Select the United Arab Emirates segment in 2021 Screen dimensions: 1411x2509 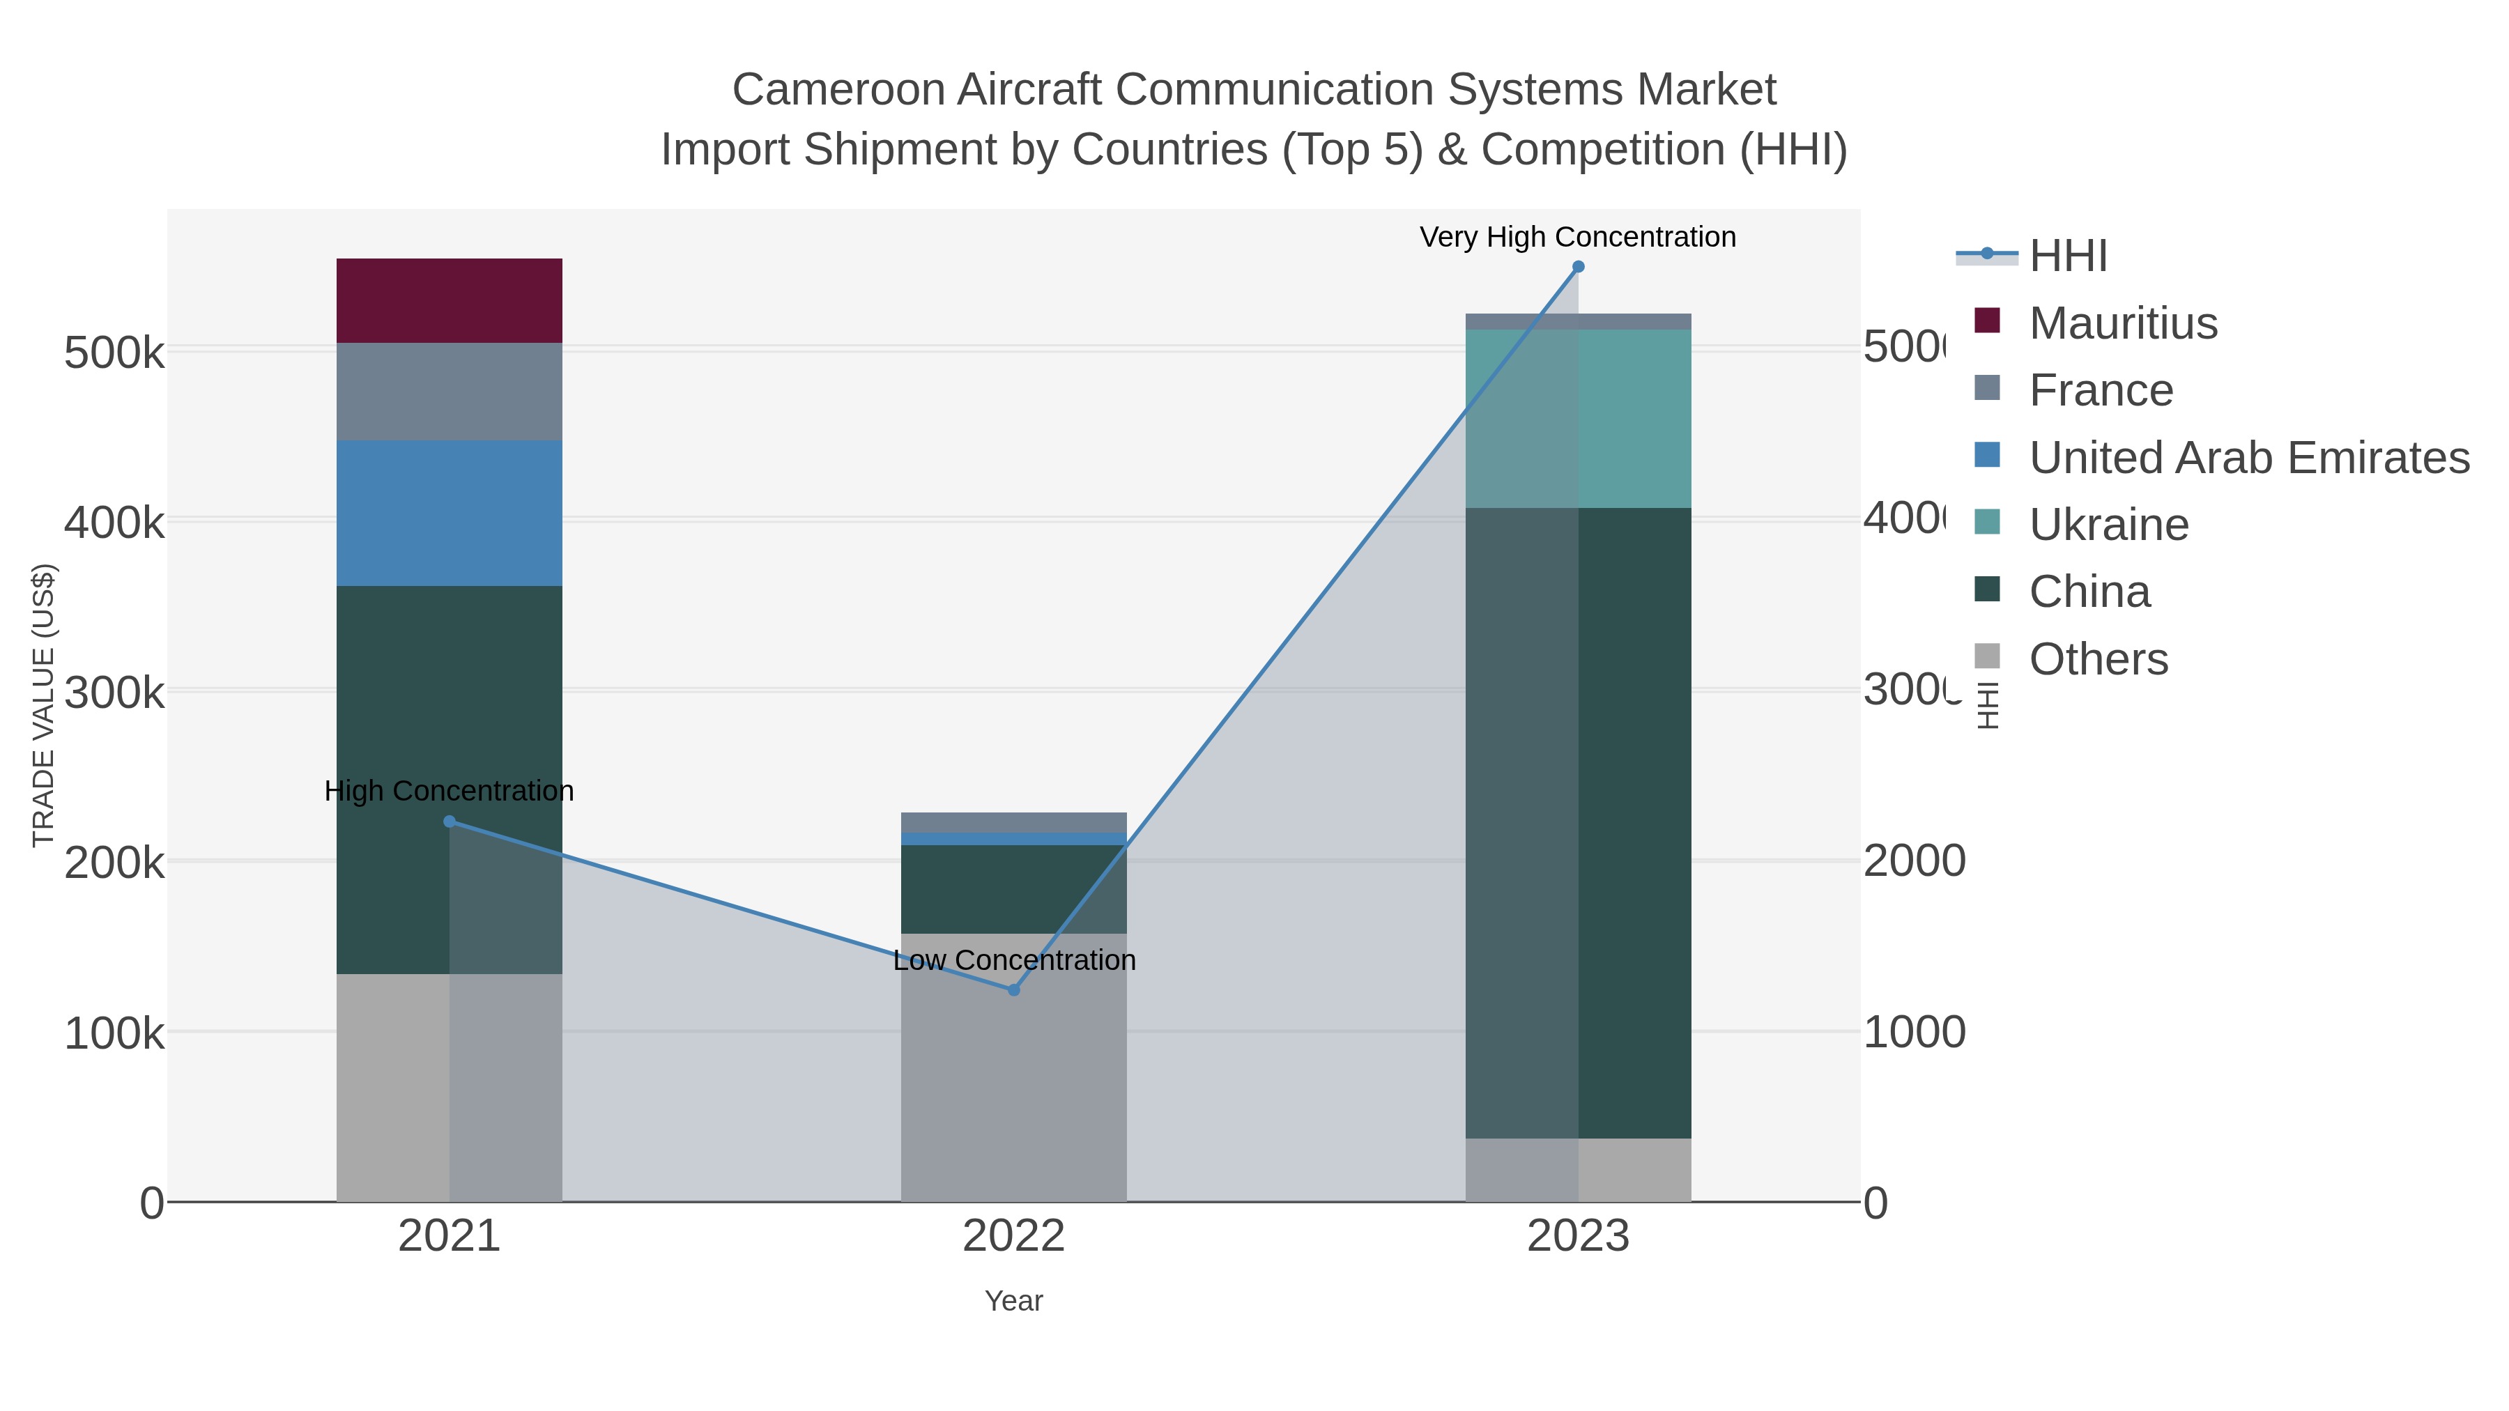(x=449, y=512)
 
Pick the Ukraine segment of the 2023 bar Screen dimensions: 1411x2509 (x=1578, y=418)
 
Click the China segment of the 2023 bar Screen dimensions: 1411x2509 (x=1578, y=822)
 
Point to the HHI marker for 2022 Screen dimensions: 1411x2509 (x=1013, y=989)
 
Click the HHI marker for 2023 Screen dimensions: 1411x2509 (x=1578, y=267)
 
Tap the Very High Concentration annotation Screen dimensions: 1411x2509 (x=1577, y=237)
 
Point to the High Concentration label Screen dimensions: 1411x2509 (x=449, y=791)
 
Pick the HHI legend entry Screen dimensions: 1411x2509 (x=2067, y=256)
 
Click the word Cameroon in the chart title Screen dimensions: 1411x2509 (x=838, y=90)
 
